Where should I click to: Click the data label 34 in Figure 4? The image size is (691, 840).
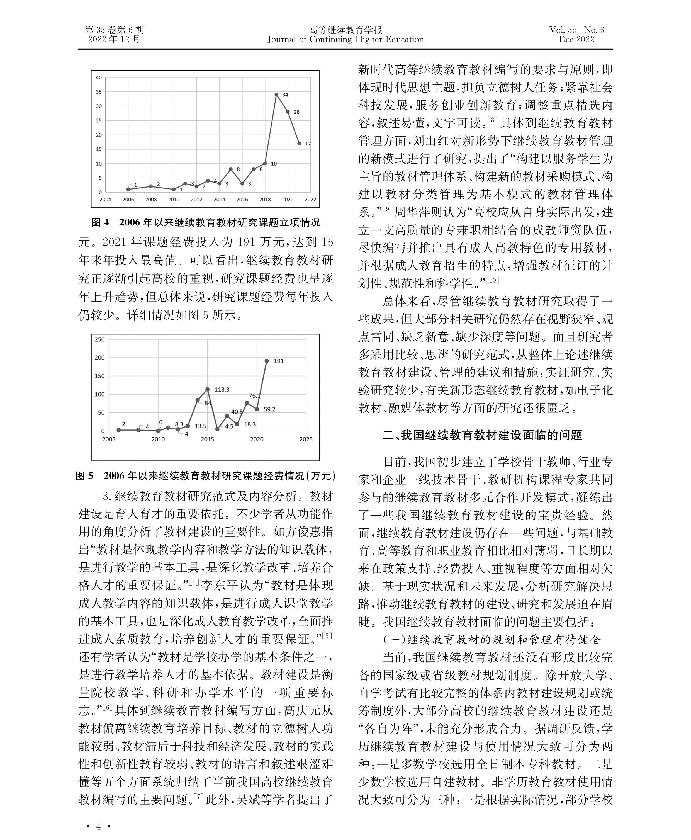pyautogui.click(x=285, y=95)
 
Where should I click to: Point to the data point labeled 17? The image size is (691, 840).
pyautogui.click(x=299, y=143)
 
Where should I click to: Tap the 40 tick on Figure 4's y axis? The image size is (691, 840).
pyautogui.click(x=99, y=78)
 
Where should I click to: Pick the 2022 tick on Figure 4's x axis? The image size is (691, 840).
pyautogui.click(x=310, y=200)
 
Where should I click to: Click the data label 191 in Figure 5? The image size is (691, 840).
pyautogui.click(x=279, y=361)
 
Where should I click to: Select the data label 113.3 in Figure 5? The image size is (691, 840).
pyautogui.click(x=222, y=389)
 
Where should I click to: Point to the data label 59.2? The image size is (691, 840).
pyautogui.click(x=269, y=409)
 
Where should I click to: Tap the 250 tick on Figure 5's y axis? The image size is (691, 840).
pyautogui.click(x=99, y=339)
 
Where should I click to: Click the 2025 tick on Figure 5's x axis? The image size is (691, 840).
pyautogui.click(x=306, y=439)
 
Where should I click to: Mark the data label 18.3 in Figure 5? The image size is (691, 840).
pyautogui.click(x=250, y=424)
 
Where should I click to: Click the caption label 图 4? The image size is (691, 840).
pyautogui.click(x=100, y=222)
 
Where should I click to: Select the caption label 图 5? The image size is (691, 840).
pyautogui.click(x=84, y=476)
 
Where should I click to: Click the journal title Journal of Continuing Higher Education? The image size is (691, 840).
pyautogui.click(x=345, y=39)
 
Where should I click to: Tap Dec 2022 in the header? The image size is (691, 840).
pyautogui.click(x=576, y=39)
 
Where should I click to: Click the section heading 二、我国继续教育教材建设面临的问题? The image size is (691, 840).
pyautogui.click(x=482, y=435)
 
